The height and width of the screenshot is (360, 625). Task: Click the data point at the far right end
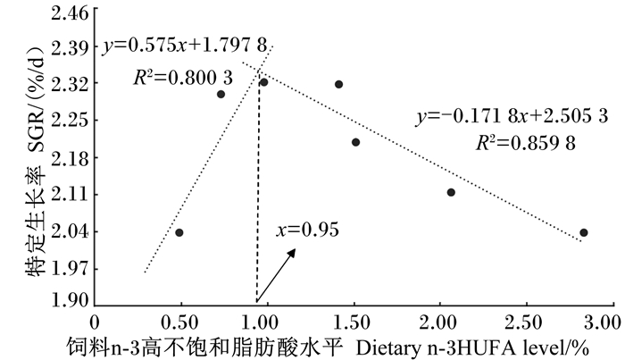click(584, 232)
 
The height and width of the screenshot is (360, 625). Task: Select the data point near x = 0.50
click(179, 232)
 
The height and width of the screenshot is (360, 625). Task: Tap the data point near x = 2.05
click(451, 192)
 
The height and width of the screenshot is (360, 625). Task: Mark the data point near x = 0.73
click(221, 94)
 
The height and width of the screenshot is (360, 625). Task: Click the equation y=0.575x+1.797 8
click(185, 46)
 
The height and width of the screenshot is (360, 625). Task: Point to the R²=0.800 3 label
click(183, 78)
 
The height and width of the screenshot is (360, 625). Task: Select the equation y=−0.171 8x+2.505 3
click(512, 116)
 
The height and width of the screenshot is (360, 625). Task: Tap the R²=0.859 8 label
click(526, 143)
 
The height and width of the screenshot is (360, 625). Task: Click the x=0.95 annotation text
click(308, 230)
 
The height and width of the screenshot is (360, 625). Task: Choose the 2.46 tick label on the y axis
click(70, 13)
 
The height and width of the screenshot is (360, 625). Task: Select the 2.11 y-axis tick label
click(70, 195)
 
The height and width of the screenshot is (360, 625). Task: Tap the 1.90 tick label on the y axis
click(70, 300)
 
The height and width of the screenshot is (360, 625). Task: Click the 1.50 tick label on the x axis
click(353, 322)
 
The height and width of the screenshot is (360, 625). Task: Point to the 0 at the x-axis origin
click(95, 322)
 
